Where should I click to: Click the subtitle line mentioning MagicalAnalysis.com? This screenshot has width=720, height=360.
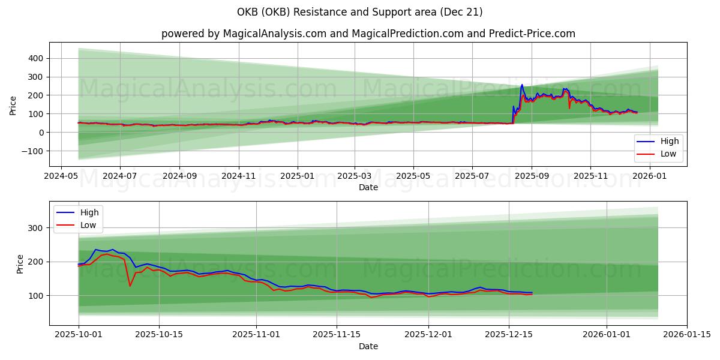(368, 34)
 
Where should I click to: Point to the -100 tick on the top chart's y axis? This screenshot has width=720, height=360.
(33, 151)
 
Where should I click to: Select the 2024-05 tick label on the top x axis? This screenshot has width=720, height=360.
(61, 176)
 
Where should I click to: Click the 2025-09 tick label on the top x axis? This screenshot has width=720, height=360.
(532, 176)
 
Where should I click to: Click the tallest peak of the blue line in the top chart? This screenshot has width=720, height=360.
(521, 85)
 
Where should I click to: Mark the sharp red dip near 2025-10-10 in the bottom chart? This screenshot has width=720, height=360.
(130, 286)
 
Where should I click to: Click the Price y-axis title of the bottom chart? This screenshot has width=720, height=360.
(20, 264)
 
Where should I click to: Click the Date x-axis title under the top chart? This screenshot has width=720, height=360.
(368, 187)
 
